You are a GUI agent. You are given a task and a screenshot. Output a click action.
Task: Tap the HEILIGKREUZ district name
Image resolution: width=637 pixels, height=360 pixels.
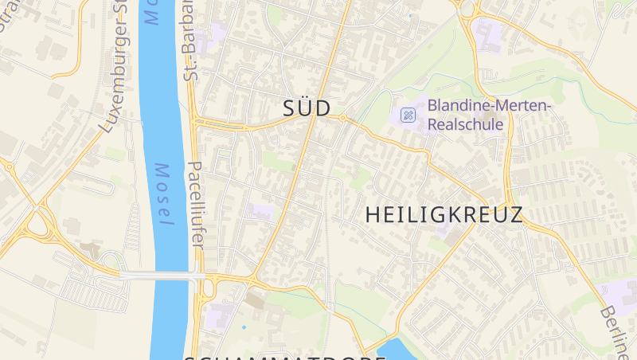tap(444, 215)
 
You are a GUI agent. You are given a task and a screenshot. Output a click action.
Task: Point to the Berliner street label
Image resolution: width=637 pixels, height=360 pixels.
tap(615, 331)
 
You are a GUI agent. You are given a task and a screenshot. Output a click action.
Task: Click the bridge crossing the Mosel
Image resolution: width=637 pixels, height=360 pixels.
tap(159, 276)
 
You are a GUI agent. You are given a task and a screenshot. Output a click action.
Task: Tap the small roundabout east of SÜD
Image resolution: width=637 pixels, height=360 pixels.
tap(342, 118)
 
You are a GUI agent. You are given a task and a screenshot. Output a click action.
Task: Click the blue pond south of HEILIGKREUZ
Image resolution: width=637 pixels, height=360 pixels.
tap(398, 348)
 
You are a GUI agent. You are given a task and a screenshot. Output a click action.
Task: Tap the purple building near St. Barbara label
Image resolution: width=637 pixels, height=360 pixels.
tap(216, 37)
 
